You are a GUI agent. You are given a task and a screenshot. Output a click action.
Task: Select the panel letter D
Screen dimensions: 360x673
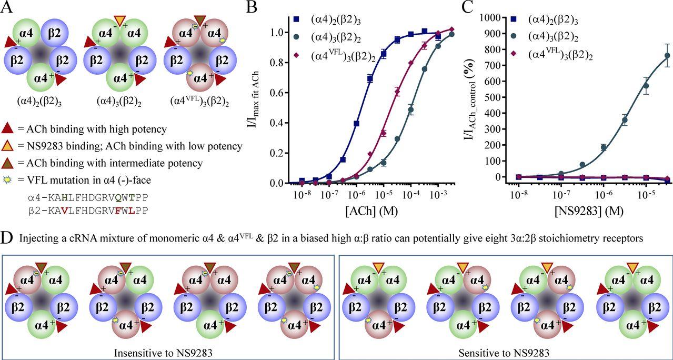(8, 238)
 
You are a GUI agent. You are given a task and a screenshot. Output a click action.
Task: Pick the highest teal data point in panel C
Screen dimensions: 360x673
(667, 55)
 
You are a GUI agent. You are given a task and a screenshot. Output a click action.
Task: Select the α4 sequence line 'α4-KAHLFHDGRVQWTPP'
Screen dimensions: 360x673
(88, 198)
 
